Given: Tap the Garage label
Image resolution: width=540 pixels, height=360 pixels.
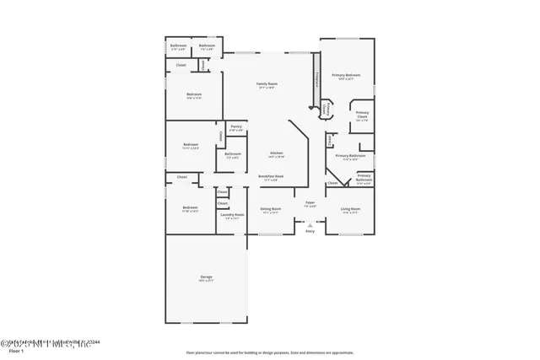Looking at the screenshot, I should [x=206, y=277].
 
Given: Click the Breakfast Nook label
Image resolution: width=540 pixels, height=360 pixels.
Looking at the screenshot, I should [x=271, y=177].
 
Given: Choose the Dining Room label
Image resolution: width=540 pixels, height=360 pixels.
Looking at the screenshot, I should [x=271, y=209].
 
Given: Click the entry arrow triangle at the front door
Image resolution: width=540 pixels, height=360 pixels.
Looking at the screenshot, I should [x=310, y=225].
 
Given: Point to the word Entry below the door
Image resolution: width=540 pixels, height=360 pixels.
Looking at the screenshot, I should [x=310, y=232].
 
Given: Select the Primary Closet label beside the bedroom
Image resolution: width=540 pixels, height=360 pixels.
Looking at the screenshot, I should [x=362, y=115].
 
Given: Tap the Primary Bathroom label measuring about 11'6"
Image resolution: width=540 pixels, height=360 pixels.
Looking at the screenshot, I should [x=349, y=157].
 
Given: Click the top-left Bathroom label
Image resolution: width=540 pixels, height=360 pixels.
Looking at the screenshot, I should [x=178, y=46].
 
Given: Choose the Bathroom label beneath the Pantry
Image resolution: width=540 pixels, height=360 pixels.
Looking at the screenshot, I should [x=233, y=155].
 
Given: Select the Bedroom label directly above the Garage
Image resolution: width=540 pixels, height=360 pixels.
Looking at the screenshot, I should [x=190, y=209].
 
